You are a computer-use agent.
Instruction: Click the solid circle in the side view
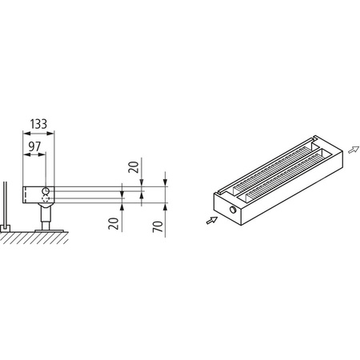coord(46,192)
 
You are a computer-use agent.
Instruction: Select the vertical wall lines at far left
coord(6,204)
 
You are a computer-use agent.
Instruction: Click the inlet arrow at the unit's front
coord(210,220)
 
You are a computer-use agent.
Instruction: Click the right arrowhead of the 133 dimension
coord(56,136)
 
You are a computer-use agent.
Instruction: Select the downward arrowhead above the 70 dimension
coord(163,183)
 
